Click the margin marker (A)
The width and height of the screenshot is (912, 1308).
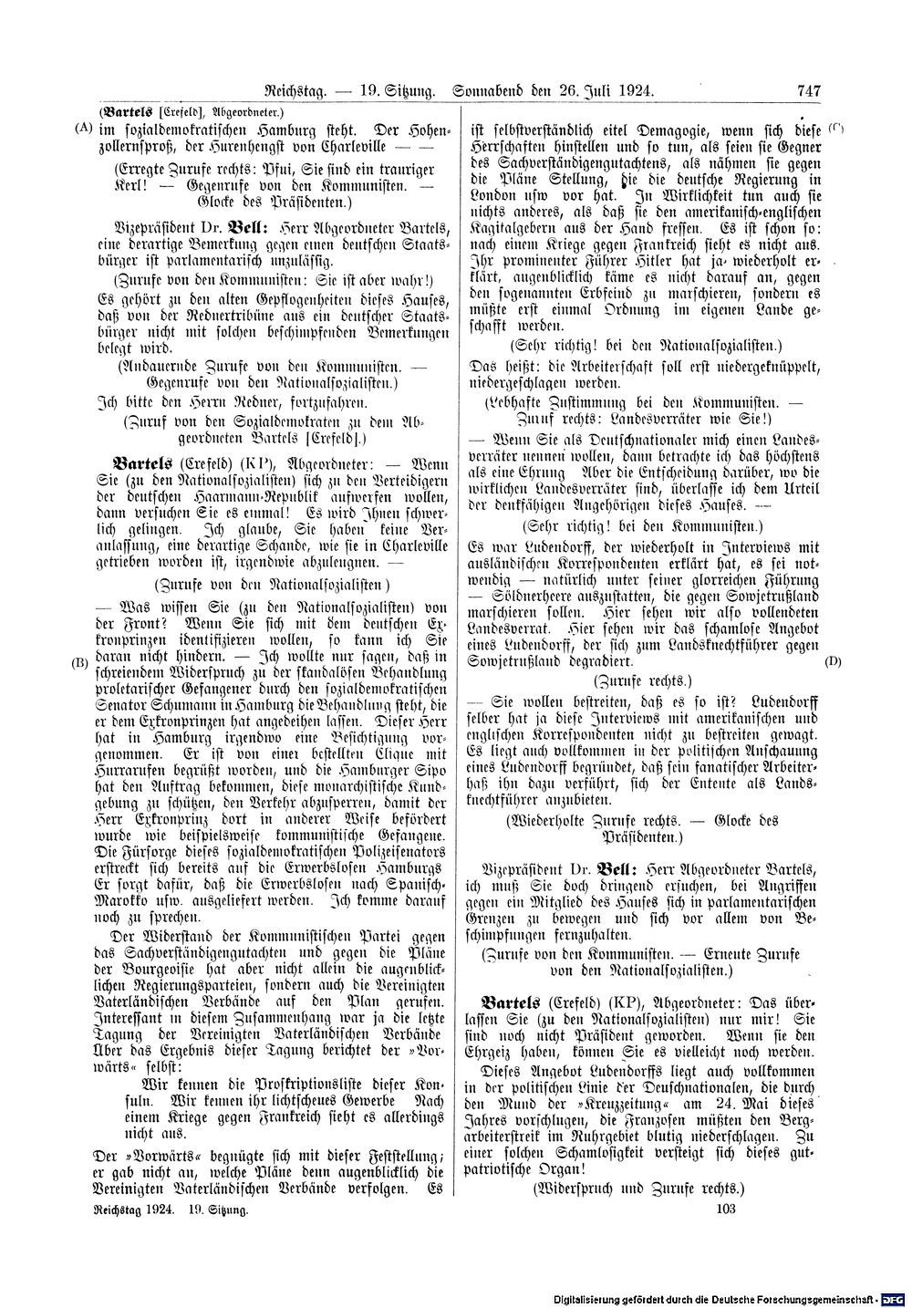point(83,129)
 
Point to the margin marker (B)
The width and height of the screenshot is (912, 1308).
point(81,662)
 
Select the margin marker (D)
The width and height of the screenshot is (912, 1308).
point(832,660)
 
